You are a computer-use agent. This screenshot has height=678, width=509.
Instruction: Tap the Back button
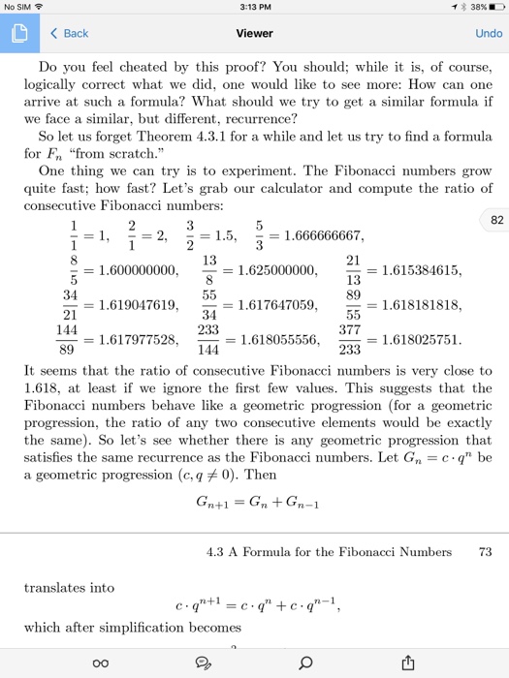tap(69, 33)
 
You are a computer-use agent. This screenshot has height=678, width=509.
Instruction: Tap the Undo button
tap(488, 33)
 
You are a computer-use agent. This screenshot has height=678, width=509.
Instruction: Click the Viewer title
tap(254, 33)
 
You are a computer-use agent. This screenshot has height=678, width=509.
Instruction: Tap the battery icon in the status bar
tap(490, 10)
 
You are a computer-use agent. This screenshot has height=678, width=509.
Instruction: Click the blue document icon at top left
tap(19, 33)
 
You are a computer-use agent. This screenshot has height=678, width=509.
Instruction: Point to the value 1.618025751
tap(417, 341)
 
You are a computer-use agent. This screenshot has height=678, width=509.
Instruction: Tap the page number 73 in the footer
tap(485, 552)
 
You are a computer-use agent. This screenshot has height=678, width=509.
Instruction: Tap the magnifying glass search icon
tap(306, 662)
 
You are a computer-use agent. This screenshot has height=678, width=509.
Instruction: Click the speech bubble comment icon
tap(205, 662)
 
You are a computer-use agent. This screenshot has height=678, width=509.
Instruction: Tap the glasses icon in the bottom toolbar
tap(101, 662)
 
